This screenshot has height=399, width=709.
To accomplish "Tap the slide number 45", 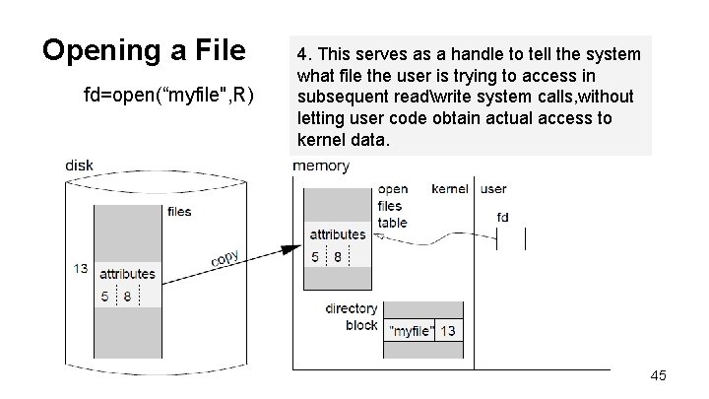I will [x=659, y=375].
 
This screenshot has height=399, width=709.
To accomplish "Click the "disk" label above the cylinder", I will [x=79, y=165].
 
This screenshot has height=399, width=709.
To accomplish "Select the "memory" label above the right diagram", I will [x=321, y=166].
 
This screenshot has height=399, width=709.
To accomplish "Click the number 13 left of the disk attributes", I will [x=80, y=268].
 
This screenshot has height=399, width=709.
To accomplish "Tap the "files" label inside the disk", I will [x=179, y=211].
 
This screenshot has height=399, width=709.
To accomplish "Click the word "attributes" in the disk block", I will [x=127, y=274].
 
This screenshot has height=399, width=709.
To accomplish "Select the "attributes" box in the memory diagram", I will [x=338, y=234].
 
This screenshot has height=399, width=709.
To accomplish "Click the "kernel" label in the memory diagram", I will [x=450, y=188].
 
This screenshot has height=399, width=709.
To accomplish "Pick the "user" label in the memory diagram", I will [x=493, y=188].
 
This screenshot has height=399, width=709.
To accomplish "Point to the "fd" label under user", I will [x=502, y=216].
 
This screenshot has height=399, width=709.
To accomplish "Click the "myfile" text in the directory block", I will [x=411, y=331].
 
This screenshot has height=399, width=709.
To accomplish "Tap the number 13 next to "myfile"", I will [x=447, y=331].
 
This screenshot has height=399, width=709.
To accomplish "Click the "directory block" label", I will [x=352, y=316].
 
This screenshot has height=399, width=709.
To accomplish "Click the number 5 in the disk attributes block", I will [x=104, y=296].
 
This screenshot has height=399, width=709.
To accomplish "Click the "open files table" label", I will [x=392, y=206].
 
